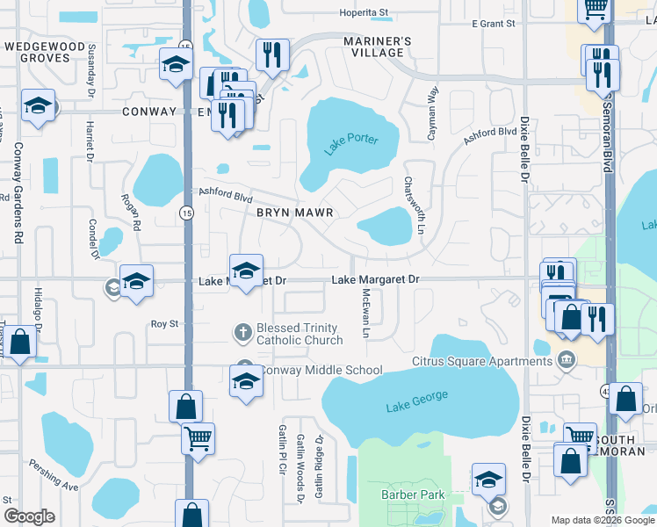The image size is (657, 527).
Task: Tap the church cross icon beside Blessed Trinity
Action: click(243, 333)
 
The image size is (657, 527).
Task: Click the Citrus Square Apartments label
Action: click(482, 362)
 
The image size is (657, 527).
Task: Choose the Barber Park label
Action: click(413, 495)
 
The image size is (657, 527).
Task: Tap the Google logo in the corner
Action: click(29, 516)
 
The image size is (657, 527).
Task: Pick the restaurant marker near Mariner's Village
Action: click(273, 55)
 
